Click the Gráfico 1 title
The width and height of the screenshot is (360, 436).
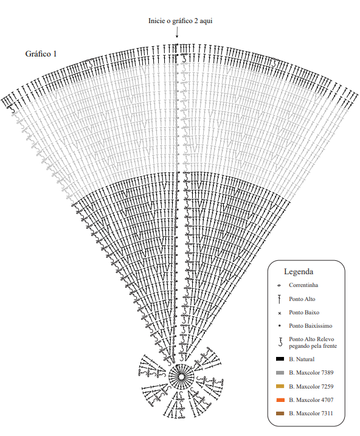point(41,54)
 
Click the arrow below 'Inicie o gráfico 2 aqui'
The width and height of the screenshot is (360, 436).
point(177,32)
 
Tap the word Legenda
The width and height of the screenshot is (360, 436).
point(299,272)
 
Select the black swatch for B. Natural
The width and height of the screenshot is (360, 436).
point(280,359)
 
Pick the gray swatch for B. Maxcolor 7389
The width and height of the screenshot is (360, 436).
point(280,373)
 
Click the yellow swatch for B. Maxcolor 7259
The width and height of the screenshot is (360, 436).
point(280,386)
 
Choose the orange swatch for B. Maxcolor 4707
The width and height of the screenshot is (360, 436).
point(280,400)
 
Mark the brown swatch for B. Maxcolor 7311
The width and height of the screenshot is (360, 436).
point(280,414)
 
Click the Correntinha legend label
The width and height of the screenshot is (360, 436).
point(303,285)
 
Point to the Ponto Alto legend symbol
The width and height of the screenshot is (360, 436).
point(279,299)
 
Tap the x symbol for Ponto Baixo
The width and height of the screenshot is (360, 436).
point(279,313)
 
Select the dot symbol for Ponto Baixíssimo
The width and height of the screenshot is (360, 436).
point(279,325)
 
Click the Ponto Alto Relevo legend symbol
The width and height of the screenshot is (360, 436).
point(280,342)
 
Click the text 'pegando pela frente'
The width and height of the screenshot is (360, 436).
point(313,346)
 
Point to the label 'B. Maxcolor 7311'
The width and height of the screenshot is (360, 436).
point(311,414)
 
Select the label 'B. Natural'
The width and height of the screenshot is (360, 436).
point(302,359)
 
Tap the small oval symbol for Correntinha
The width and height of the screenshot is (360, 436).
point(279,285)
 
